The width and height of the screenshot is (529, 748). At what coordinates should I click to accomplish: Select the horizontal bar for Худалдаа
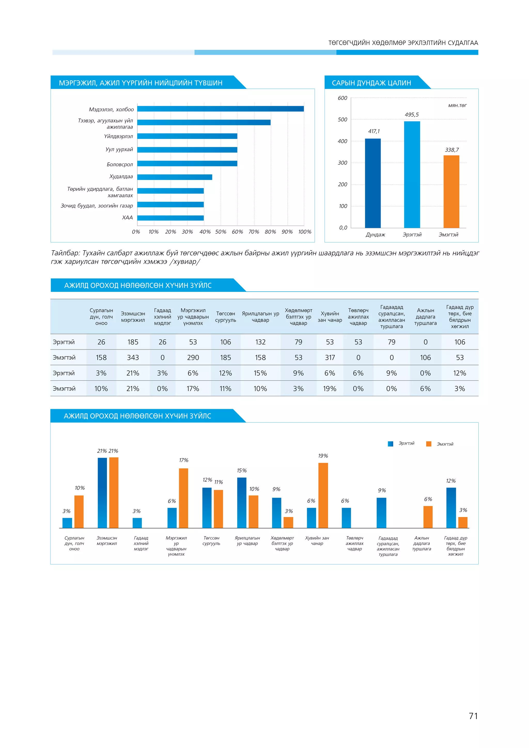click(175, 177)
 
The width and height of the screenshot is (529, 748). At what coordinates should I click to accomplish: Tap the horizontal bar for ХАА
click(170, 218)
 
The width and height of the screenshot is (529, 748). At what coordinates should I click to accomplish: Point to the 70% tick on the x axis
click(254, 232)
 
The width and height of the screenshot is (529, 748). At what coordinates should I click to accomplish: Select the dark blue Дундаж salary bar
click(373, 183)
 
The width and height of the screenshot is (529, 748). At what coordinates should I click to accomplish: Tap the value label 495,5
click(412, 115)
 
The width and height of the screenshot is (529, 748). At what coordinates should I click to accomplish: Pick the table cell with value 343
click(133, 357)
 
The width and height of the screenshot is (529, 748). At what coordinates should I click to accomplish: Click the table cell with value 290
click(193, 357)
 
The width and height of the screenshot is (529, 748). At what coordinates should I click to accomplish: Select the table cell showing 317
click(330, 357)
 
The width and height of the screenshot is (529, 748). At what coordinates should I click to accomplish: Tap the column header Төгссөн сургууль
click(225, 317)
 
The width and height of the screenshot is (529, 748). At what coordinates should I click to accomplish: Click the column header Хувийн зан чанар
click(330, 317)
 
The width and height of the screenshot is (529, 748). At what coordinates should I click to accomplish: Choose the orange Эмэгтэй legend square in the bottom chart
click(429, 444)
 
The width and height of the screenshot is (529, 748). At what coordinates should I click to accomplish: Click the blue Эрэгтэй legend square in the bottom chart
click(391, 444)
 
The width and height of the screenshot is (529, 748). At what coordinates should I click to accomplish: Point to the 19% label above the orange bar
click(323, 456)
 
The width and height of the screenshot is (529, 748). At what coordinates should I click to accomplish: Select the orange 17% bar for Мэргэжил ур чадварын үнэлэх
click(183, 498)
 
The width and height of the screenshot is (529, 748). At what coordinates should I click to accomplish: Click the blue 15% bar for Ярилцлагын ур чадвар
click(242, 503)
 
